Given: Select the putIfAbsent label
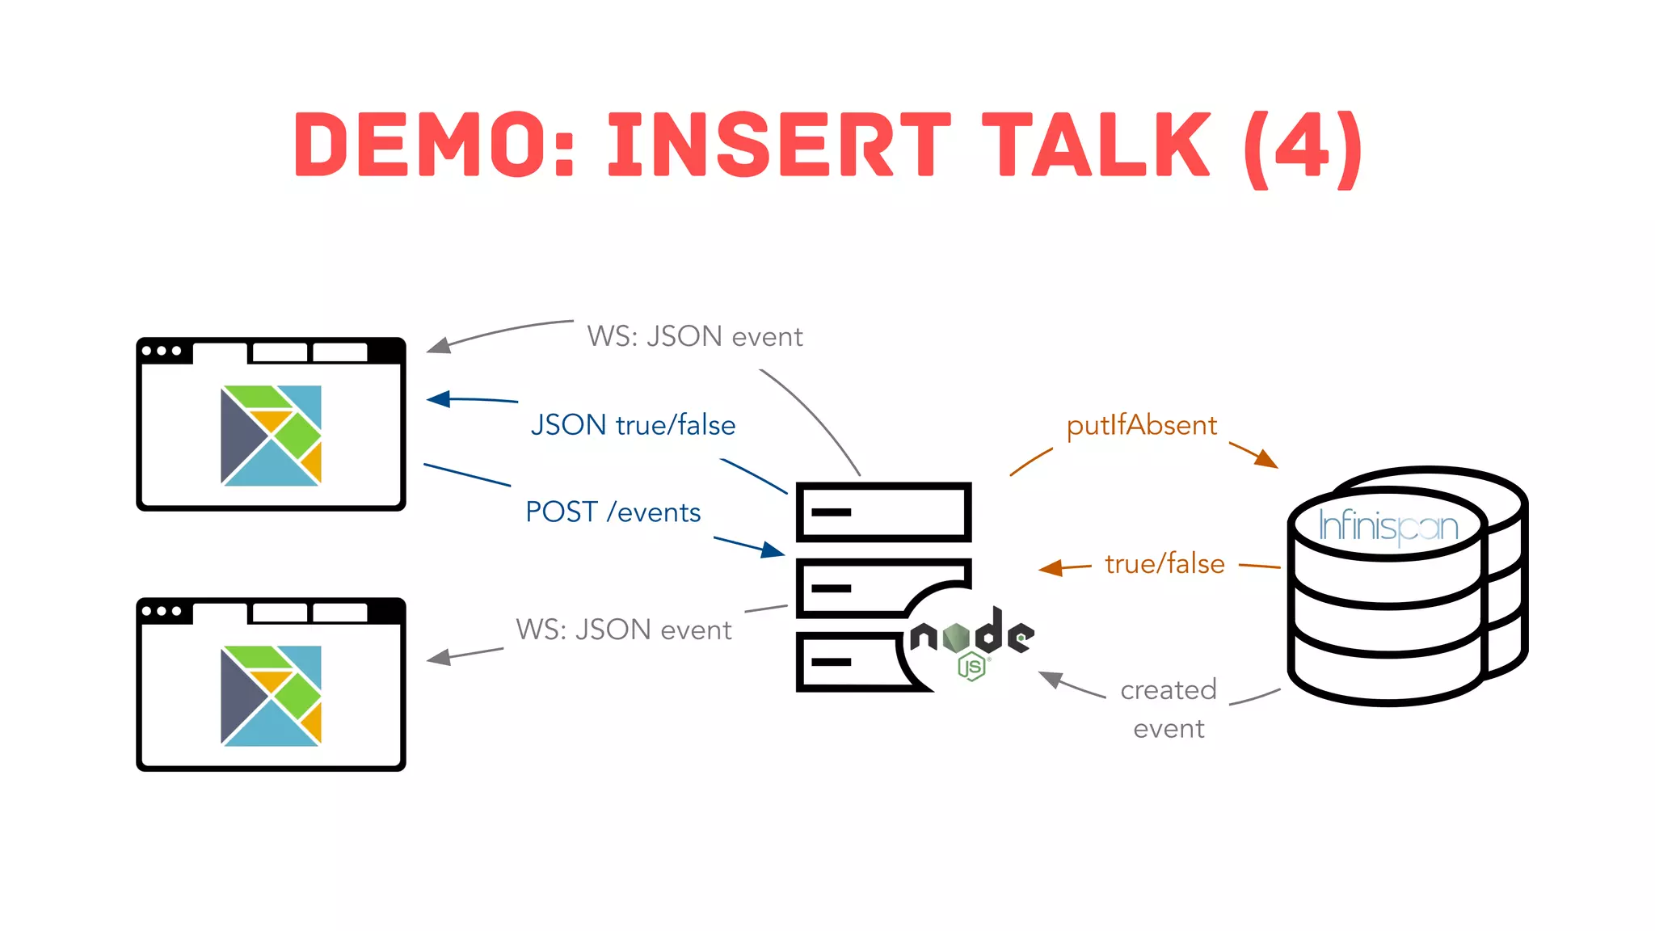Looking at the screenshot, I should click(1141, 426).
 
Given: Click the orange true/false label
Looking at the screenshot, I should click(1164, 564).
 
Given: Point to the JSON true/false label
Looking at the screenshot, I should click(633, 426).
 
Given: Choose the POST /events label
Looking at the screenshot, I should click(613, 512).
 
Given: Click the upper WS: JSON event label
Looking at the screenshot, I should click(694, 337).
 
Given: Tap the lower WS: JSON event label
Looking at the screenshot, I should click(623, 630).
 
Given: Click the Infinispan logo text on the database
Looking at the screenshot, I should click(1388, 527).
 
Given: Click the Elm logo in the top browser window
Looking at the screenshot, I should click(271, 436).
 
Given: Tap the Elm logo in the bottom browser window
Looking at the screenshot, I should click(271, 696).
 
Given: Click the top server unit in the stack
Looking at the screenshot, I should click(883, 512).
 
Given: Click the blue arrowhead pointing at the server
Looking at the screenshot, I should click(773, 551).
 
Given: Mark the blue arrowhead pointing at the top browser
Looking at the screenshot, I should click(438, 399).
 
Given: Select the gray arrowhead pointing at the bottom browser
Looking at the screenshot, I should click(438, 658).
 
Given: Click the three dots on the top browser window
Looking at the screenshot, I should click(162, 351).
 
